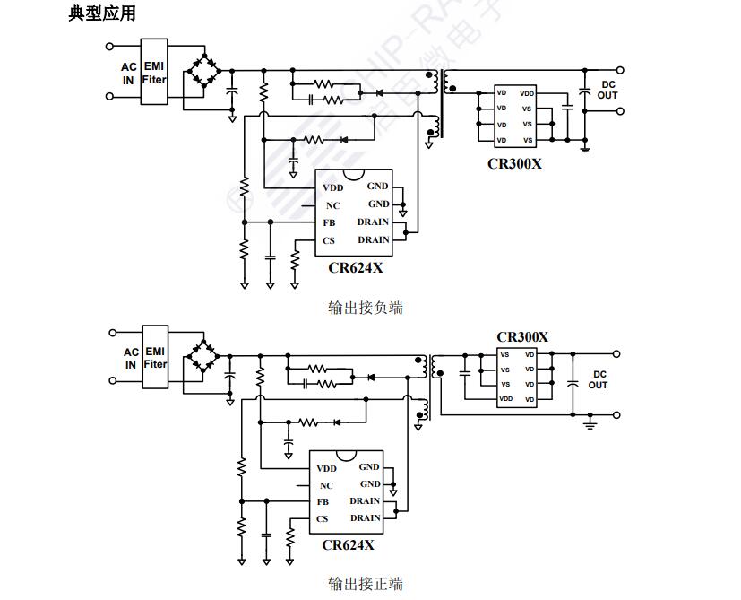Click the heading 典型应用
click(102, 14)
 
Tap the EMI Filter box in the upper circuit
click(154, 73)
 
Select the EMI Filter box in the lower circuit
click(155, 357)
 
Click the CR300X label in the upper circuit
click(514, 164)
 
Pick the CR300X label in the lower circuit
click(521, 337)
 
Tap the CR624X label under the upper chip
click(355, 266)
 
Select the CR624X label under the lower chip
click(348, 544)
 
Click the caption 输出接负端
click(366, 308)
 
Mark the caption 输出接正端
click(366, 585)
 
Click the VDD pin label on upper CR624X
click(333, 187)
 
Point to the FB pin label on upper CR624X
click(329, 222)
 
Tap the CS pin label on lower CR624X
click(323, 518)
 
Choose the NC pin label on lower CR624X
click(325, 485)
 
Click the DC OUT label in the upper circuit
click(607, 90)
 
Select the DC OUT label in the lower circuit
click(598, 379)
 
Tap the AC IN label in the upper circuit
click(128, 73)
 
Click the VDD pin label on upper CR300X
click(527, 92)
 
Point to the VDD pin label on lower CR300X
click(506, 397)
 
